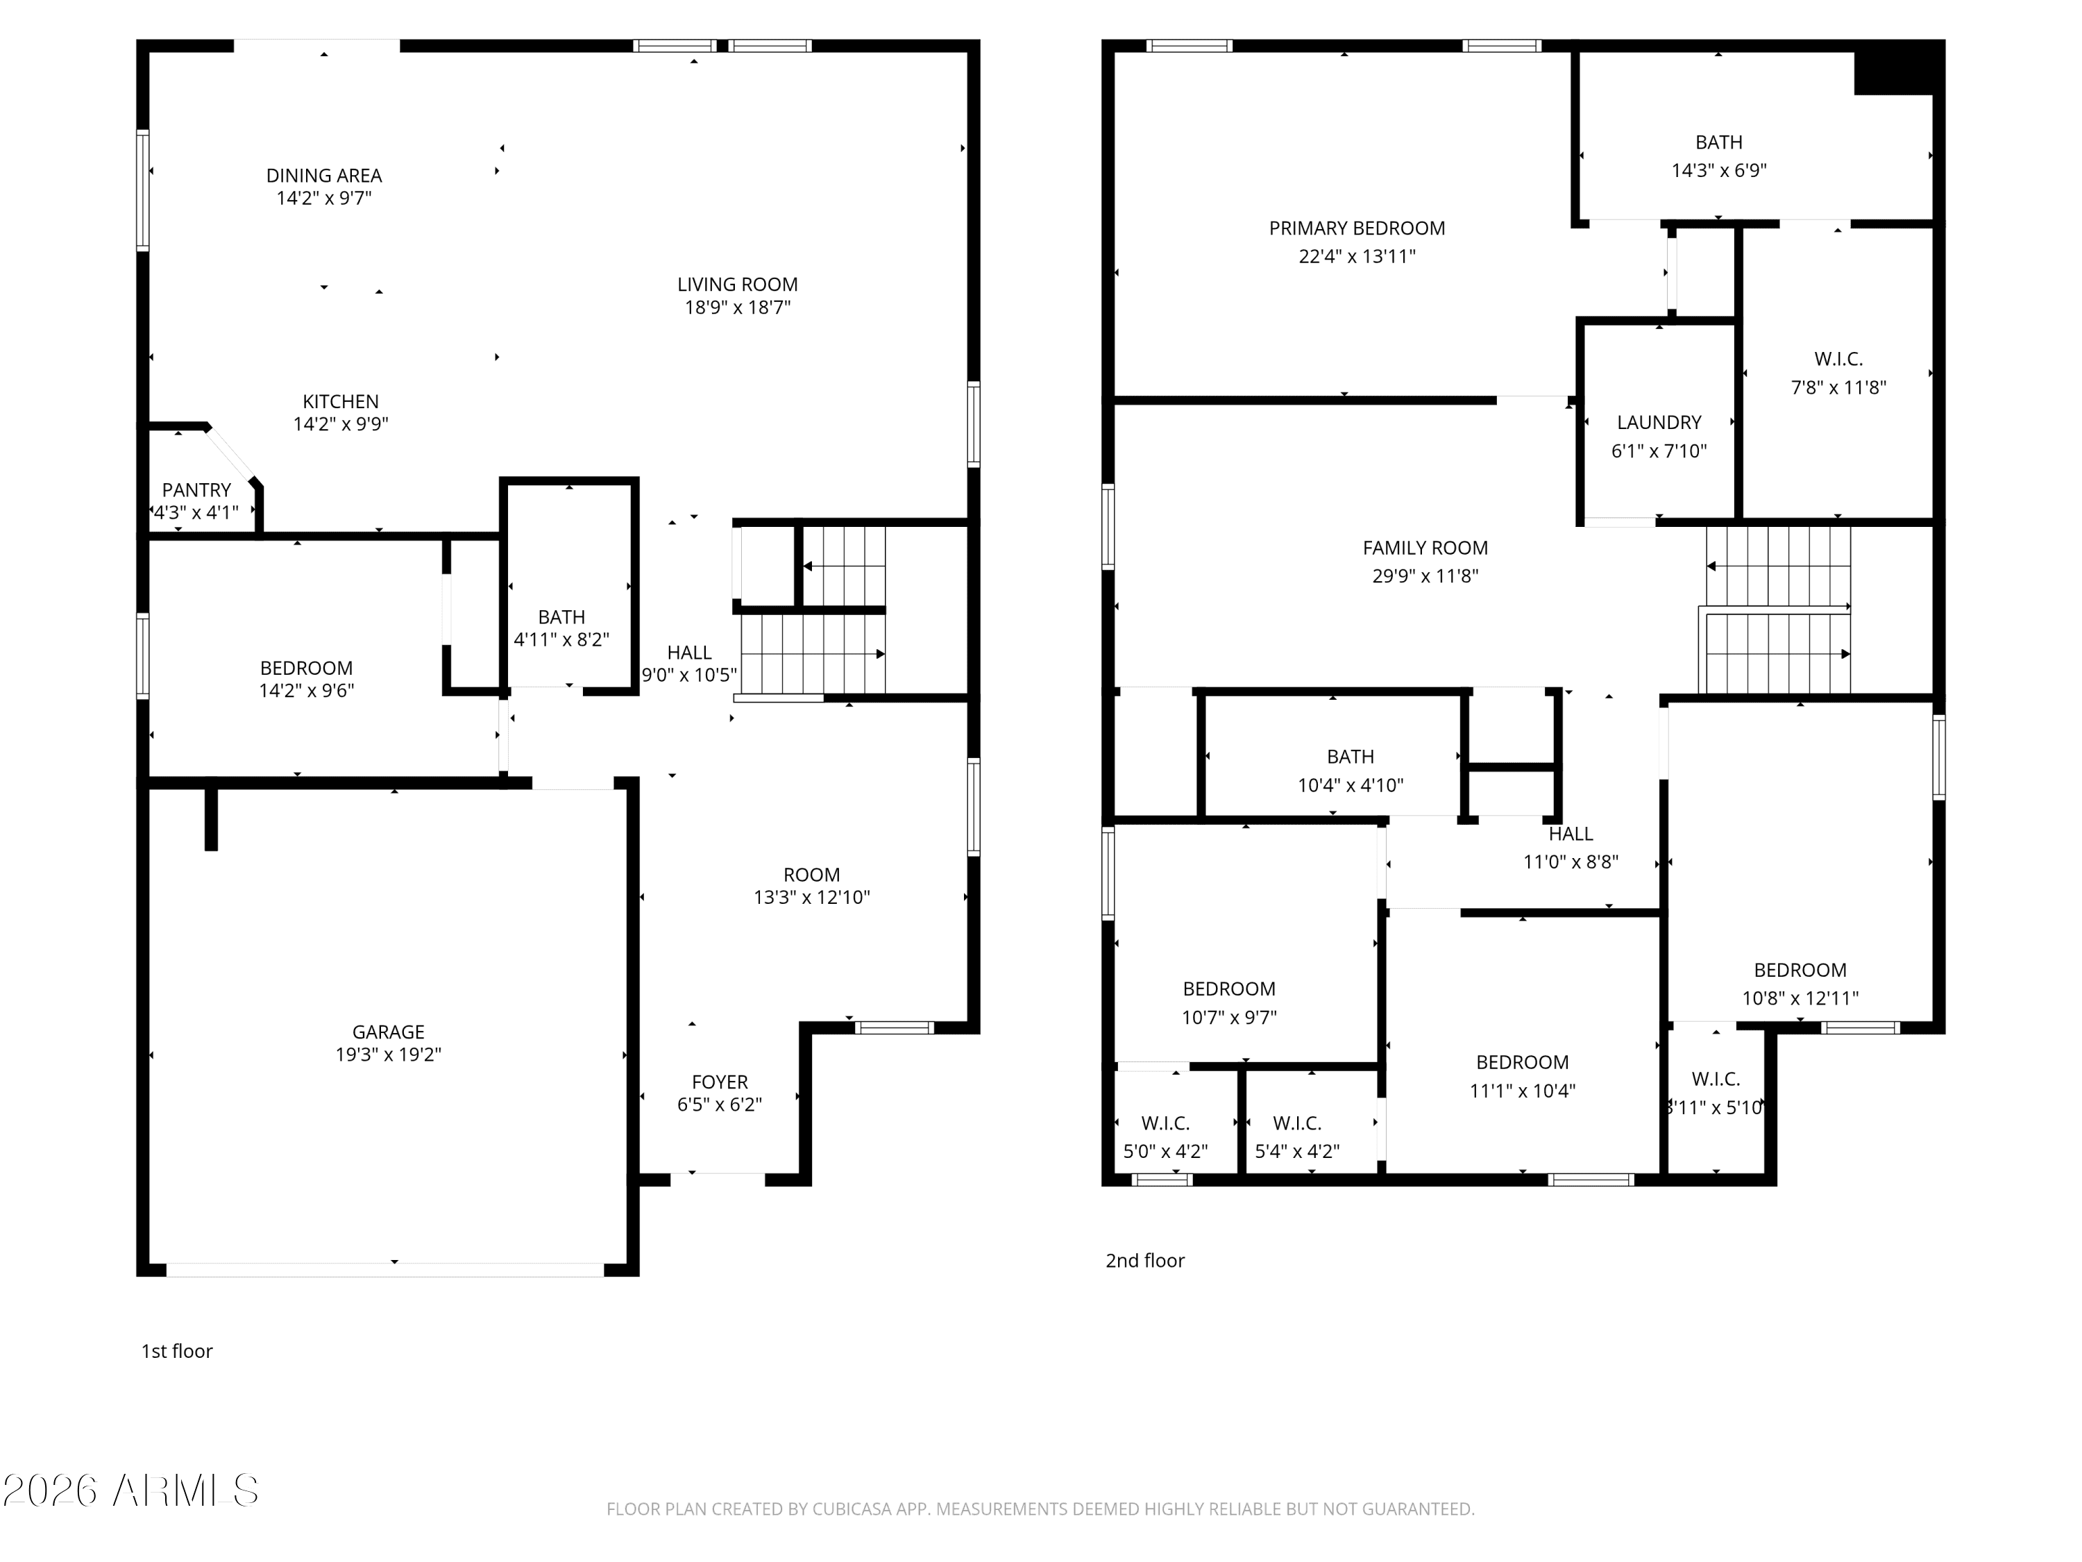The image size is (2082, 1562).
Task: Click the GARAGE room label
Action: pyautogui.click(x=388, y=1032)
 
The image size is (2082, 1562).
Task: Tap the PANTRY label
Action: pyautogui.click(x=196, y=489)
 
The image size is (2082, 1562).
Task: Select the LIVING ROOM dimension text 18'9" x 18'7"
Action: pyautogui.click(x=737, y=307)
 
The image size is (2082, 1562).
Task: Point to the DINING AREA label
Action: pyautogui.click(x=324, y=175)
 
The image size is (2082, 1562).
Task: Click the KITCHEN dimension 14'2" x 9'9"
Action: pyautogui.click(x=341, y=423)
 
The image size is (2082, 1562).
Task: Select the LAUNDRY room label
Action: pyautogui.click(x=1659, y=423)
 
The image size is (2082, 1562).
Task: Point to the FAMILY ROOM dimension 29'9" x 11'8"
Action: pyautogui.click(x=1425, y=576)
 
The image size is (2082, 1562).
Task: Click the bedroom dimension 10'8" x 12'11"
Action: pyautogui.click(x=1800, y=998)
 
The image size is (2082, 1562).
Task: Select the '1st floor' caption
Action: pyautogui.click(x=177, y=1351)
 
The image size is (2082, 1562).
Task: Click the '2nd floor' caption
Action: pyautogui.click(x=1144, y=1261)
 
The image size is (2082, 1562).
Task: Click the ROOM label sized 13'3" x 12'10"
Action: pyautogui.click(x=811, y=875)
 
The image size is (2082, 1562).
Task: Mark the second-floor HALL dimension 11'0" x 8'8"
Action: pyautogui.click(x=1571, y=862)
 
